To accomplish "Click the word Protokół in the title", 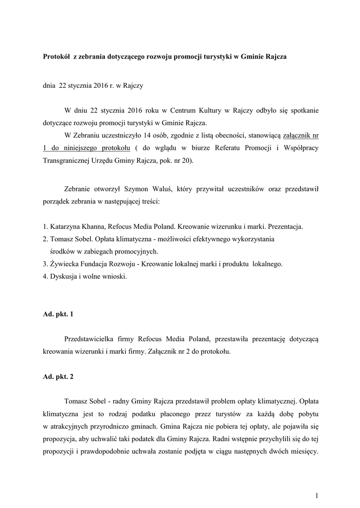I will [56, 57].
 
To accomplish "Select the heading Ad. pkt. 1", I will [58, 314].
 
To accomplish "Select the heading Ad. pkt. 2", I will [58, 377].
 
